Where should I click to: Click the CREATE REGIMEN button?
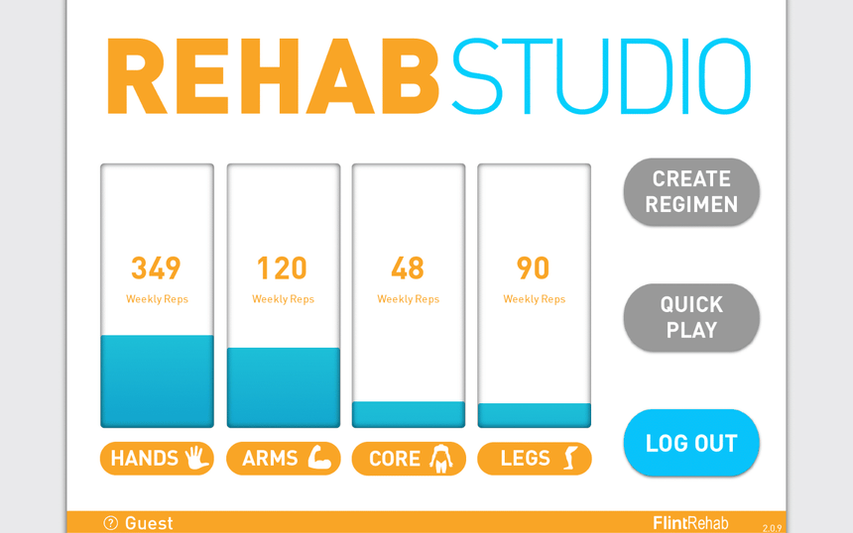(x=691, y=192)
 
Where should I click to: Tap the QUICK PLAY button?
(x=691, y=317)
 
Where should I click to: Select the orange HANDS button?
(x=158, y=459)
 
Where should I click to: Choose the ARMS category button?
(x=284, y=459)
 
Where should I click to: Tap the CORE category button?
(x=409, y=459)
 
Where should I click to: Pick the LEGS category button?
(x=535, y=459)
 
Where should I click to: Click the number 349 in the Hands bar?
(x=156, y=267)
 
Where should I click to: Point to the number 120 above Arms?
(x=283, y=267)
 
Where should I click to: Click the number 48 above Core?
(x=408, y=267)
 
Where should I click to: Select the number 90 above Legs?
(x=534, y=267)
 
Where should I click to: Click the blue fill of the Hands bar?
(x=158, y=381)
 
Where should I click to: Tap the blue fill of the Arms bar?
(x=284, y=387)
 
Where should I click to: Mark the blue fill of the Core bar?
(x=409, y=414)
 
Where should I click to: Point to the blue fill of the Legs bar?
(x=535, y=415)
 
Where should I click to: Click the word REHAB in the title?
(x=273, y=76)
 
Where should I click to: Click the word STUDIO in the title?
(x=602, y=76)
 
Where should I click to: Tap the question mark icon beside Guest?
(x=111, y=523)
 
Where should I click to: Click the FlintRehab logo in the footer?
(x=690, y=523)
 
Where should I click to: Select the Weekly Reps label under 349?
(x=158, y=299)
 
